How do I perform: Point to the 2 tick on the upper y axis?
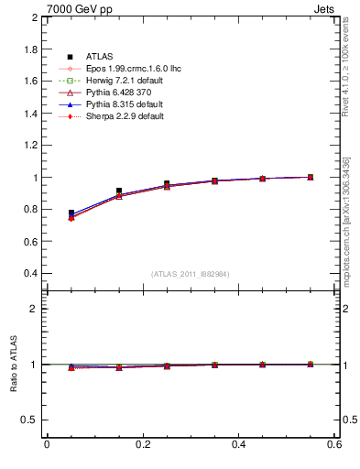[34, 17]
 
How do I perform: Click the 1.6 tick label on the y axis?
[29, 82]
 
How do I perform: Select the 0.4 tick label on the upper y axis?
[29, 273]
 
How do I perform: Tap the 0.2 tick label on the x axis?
[143, 444]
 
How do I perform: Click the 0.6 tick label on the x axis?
[335, 444]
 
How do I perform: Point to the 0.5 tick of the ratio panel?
[29, 420]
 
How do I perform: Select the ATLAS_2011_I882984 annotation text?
[190, 274]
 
